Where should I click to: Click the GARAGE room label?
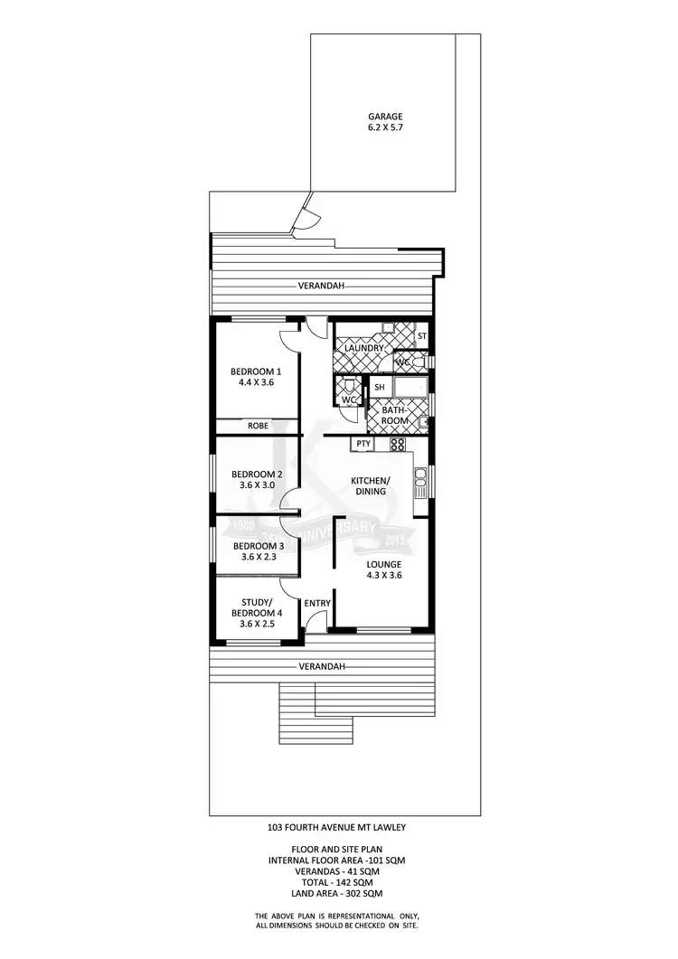384,117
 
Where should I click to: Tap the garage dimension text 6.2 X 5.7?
384,129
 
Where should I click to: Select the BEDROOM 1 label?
256,371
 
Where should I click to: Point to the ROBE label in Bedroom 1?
258,426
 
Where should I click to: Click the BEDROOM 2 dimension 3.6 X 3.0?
257,485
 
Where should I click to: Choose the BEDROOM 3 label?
259,546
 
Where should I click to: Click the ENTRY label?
317,604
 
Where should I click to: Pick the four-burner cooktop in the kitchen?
397,444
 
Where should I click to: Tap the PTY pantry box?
363,444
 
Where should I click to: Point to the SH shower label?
379,387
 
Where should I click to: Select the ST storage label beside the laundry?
421,336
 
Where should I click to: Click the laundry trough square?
387,327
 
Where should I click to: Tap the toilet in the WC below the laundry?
349,386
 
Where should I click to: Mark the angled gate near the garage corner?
306,215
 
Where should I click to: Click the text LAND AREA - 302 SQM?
336,893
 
